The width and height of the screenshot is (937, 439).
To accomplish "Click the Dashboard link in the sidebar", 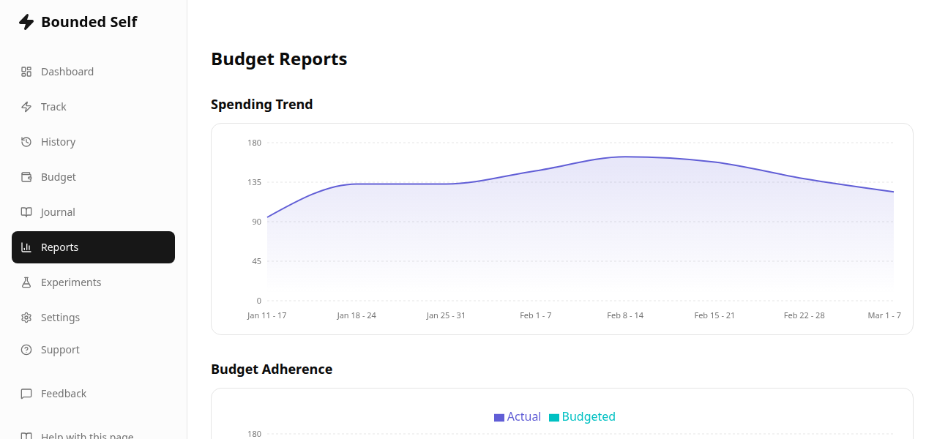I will [x=67, y=72].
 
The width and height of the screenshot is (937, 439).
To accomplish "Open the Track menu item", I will [x=53, y=107].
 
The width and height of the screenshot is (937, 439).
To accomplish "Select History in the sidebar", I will [x=58, y=142].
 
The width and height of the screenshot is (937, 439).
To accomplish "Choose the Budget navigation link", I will [x=58, y=177].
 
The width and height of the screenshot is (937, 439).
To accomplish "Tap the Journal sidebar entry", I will [x=58, y=212].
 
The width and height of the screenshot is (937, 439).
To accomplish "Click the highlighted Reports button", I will [x=93, y=247].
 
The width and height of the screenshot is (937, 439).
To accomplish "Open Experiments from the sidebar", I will [x=70, y=282].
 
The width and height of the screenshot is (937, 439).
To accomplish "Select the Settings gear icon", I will [x=26, y=318].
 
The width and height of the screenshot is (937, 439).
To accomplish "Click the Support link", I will [x=60, y=350].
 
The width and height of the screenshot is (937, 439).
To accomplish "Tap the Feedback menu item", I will [x=63, y=394].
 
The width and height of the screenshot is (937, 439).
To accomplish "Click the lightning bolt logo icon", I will [x=26, y=22].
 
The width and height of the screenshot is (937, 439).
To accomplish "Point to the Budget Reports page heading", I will [x=279, y=59].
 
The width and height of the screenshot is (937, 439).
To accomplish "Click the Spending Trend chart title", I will [x=261, y=105].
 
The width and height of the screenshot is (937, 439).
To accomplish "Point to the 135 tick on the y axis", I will [x=254, y=182].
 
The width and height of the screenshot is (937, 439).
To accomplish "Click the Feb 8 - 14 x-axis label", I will [x=625, y=315].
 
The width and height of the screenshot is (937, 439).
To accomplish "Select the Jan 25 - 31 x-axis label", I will [x=446, y=315].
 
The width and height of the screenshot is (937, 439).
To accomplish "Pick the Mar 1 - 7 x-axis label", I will [x=884, y=315].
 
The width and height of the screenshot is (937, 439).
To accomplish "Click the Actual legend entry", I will [x=518, y=417].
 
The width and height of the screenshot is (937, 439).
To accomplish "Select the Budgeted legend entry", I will [x=583, y=417].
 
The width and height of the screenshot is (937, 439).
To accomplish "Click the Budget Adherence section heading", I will [x=272, y=369].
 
